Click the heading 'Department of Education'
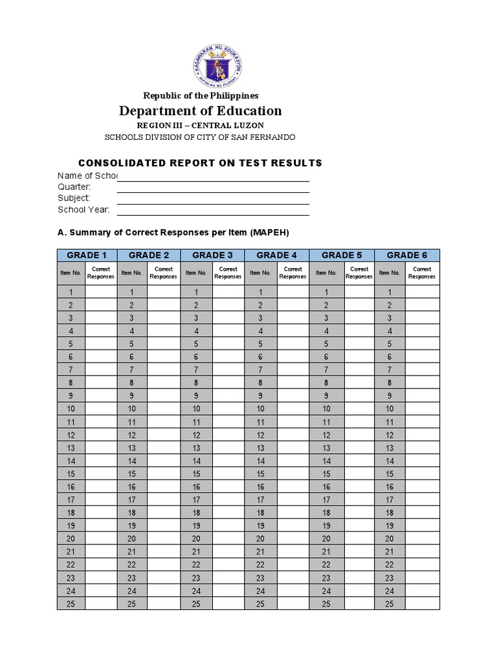coord(200,111)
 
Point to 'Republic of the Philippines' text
coord(200,95)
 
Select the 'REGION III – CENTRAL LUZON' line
coord(200,125)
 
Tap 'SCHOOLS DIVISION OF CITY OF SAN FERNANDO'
coord(200,137)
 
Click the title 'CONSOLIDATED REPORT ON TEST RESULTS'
coord(200,163)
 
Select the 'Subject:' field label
coord(74,198)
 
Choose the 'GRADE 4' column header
coord(277,255)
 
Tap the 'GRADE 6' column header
coord(407,255)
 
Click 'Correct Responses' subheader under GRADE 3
coord(228,273)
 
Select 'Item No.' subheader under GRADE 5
coord(326,273)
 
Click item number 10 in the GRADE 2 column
coord(132,409)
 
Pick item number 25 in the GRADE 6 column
coord(390,603)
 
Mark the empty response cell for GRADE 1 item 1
coord(101,292)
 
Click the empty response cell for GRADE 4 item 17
coord(293,500)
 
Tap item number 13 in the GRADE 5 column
coord(326,448)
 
